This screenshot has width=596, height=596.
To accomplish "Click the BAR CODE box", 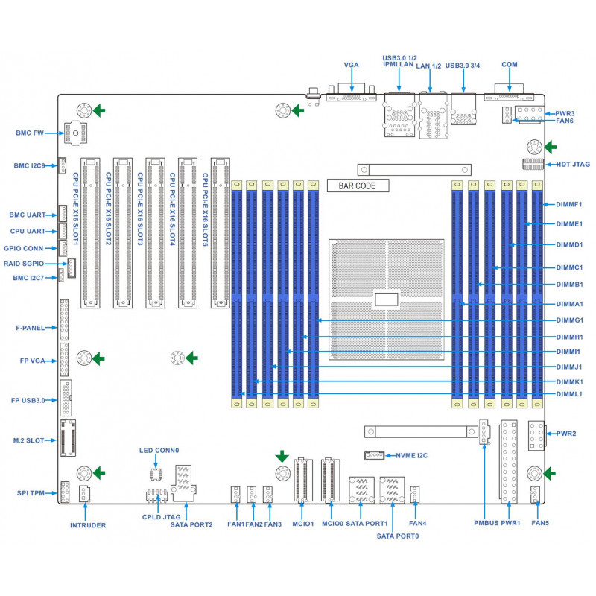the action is tap(358, 186).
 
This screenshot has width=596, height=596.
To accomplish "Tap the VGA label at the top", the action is tap(351, 65).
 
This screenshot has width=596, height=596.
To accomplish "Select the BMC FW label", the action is tap(30, 133).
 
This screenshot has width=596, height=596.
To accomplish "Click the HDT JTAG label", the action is tap(573, 165).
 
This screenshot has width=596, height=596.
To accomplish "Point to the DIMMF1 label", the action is tap(569, 204).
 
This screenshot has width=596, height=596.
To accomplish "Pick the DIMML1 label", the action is tap(569, 394).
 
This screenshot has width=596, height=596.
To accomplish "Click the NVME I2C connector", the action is tap(375, 455).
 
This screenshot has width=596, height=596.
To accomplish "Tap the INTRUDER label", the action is tap(88, 525).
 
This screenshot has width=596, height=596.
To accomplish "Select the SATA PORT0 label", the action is tap(398, 536).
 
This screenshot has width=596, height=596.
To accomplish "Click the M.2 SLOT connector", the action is tap(68, 438).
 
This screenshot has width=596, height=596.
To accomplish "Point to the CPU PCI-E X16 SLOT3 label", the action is tap(140, 209).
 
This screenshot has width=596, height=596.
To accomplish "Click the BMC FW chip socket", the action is tap(76, 133).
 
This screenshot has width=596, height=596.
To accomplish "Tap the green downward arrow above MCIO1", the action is tap(282, 457).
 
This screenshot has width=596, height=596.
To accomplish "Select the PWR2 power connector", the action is tap(536, 436).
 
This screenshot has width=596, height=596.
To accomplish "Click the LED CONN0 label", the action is tap(159, 451).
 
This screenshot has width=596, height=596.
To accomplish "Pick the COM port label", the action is tap(510, 65).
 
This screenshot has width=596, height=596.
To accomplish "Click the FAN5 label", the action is tap(540, 523).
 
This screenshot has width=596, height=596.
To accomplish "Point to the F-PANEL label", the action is tap(31, 328).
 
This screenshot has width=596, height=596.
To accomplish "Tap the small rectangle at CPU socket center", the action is tap(387, 299).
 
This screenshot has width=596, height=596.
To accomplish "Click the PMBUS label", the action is tap(486, 523).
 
